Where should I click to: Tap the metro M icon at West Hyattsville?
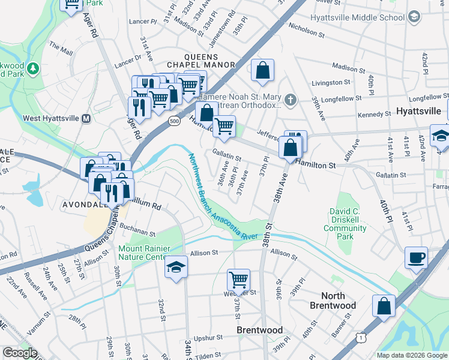pos(86,118)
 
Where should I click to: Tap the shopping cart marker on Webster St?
pos(238,279)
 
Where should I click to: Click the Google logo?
pos(20,353)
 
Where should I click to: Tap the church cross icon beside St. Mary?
pos(290,100)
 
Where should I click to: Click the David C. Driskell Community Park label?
pos(348,224)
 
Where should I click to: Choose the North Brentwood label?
pos(333,301)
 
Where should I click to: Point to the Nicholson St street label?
pos(307,26)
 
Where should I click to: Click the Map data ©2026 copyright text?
pos(411,355)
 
